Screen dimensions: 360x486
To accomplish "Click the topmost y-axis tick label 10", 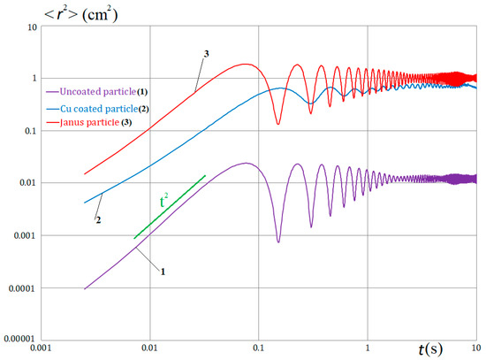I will point(31,27).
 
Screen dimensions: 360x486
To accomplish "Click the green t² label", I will point(163,203).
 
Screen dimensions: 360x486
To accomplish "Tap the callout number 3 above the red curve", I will point(205,55).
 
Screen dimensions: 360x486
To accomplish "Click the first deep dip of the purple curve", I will point(278,241).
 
